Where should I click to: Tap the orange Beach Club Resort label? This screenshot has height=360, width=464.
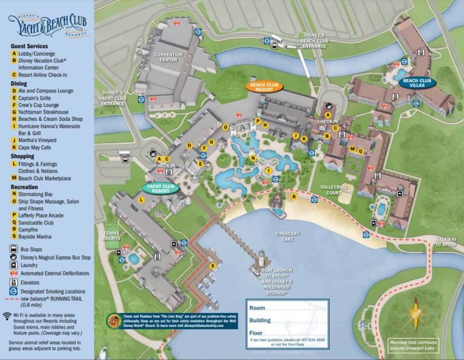pyautogui.click(x=265, y=86)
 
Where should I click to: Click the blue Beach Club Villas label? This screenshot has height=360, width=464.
pyautogui.click(x=417, y=83)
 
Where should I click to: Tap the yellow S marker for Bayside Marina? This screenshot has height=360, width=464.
pyautogui.click(x=212, y=266)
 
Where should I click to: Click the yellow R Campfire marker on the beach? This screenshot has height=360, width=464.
pyautogui.click(x=294, y=196)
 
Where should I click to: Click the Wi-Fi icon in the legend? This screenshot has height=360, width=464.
pyautogui.click(x=7, y=316)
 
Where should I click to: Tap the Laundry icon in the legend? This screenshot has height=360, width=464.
pyautogui.click(x=13, y=265)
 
